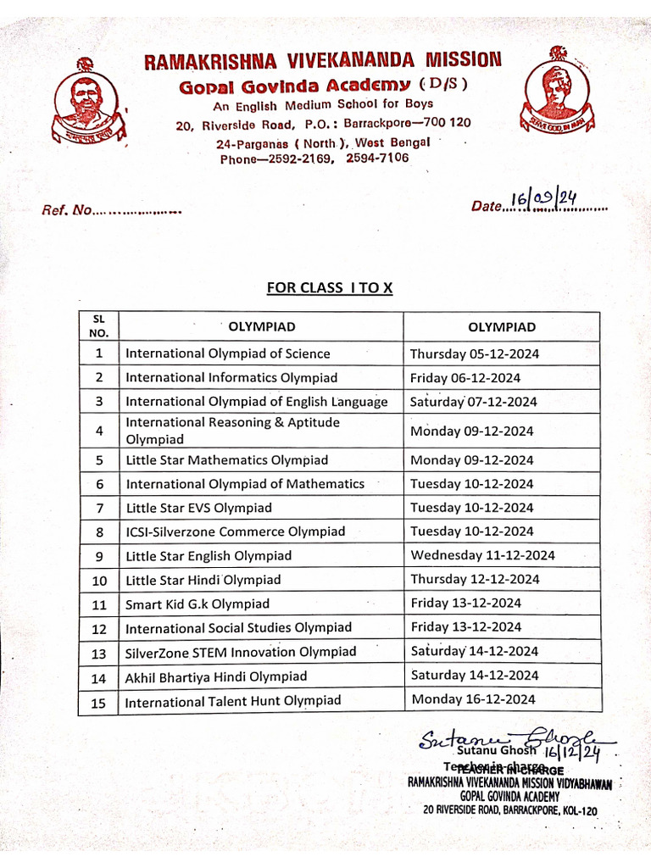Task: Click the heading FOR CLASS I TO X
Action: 330,287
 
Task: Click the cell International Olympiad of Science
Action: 228,353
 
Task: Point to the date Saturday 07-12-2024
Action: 474,402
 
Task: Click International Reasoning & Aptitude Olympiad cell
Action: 233,431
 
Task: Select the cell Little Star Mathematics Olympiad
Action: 226,460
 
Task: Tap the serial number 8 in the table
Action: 99,532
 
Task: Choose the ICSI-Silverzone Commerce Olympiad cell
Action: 236,531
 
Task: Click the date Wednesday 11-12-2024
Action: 482,555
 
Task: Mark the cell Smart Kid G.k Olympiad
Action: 198,604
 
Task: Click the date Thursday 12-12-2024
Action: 475,580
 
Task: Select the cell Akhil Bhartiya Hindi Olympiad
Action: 216,676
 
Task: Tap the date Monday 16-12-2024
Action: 473,699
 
